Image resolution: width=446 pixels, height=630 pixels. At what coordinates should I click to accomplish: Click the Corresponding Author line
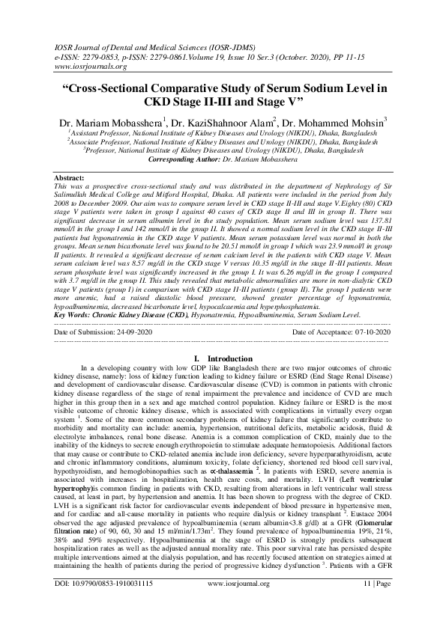223,159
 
